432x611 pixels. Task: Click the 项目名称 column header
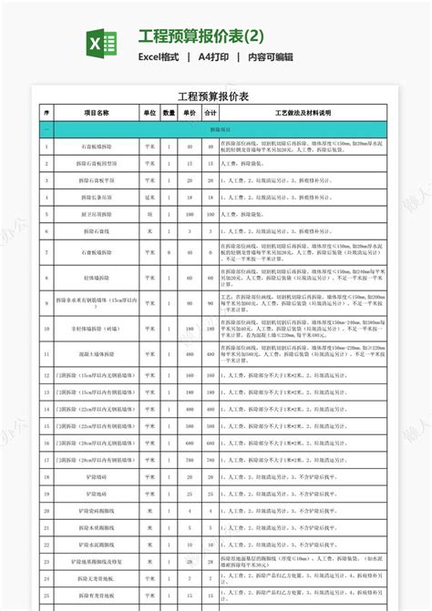96,113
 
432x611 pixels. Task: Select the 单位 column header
149,113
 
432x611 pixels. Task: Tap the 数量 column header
170,113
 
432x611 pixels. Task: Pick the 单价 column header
190,113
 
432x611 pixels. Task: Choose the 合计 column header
211,113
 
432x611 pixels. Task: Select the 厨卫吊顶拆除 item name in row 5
96,214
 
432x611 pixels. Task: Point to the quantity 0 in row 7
170,252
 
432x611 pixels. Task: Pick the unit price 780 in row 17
190,460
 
